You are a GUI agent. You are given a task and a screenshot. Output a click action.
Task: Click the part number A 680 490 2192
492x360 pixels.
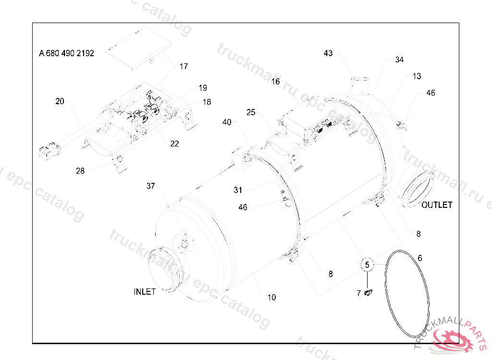pos(66,53)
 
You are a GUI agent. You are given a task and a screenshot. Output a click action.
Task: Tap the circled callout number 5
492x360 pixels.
pos(367,264)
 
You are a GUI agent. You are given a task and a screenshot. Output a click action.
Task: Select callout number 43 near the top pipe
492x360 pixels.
pos(328,53)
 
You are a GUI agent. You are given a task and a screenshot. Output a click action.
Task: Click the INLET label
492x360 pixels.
pos(145,292)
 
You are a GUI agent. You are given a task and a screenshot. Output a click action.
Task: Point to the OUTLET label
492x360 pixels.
pos(437,205)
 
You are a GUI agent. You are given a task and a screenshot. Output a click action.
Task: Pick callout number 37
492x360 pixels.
pos(151,186)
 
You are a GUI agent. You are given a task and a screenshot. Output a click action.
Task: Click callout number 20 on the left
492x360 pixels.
pos(60,101)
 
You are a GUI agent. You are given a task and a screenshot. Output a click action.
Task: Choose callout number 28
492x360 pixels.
pos(80,171)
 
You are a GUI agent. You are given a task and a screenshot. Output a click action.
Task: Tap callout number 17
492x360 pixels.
pos(184,67)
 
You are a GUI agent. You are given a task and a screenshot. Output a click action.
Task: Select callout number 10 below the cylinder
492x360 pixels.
pos(272,297)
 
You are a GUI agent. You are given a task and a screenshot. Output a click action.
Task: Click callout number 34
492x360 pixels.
pos(399,60)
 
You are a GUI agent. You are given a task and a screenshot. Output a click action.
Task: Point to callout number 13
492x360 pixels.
pos(417,76)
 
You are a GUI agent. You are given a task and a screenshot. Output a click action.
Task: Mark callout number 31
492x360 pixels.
pos(238,190)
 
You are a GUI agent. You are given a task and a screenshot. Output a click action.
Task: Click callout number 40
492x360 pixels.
pos(227,122)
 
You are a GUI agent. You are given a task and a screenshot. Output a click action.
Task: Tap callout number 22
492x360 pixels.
pos(174,144)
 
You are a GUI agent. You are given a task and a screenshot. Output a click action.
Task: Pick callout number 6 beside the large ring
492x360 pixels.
pos(419,258)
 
